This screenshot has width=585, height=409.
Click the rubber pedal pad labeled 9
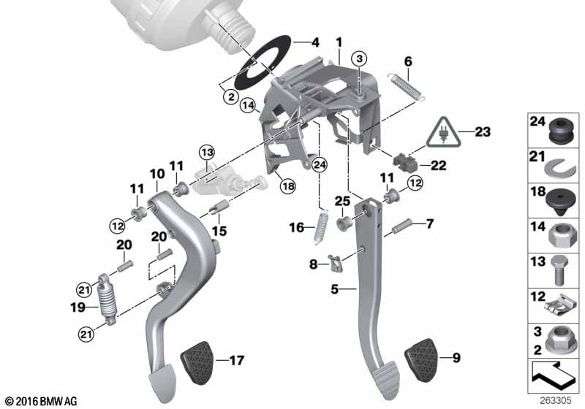point(422,360)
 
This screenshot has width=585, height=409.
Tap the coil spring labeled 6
point(406,87)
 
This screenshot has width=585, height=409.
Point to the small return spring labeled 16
point(321,228)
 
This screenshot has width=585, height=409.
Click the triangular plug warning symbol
point(444,132)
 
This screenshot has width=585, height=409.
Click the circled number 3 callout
point(359,58)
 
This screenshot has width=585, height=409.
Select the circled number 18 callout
point(288,186)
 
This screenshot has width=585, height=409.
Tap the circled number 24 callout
point(320,164)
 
